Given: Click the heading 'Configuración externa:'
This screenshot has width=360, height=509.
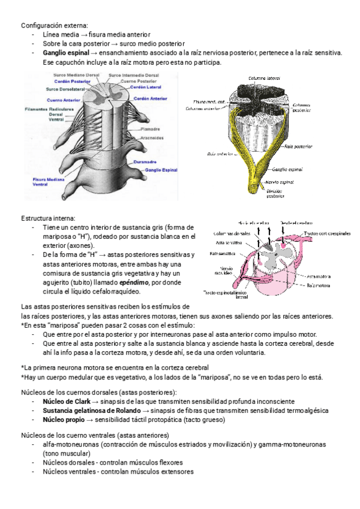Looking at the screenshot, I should pyautogui.click(x=54, y=25).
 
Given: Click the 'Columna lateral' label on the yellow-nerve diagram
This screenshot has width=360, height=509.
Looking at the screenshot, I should pyautogui.click(x=262, y=78).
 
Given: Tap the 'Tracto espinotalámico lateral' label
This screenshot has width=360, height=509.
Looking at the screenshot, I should pyautogui.click(x=226, y=295).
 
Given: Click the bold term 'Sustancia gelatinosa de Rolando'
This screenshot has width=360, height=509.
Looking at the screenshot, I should pyautogui.click(x=92, y=411).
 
